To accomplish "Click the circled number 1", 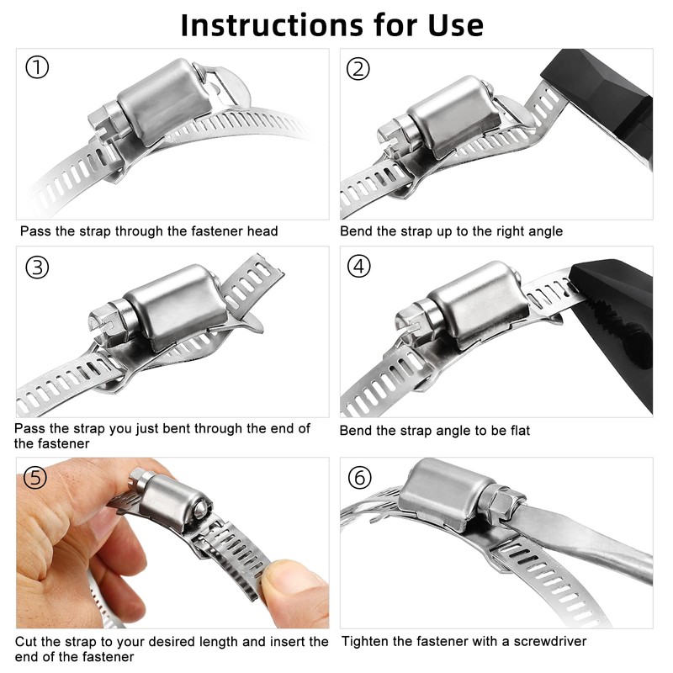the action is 37,68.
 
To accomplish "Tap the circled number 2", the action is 358,69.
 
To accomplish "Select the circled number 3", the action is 37,268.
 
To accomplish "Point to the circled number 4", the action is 359,266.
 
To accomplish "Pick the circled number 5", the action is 35,477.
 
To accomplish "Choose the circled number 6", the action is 360,477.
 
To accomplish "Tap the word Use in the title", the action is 456,25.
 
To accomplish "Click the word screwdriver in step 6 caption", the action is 550,641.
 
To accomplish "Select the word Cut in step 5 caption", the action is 26,642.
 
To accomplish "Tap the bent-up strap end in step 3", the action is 251,284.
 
